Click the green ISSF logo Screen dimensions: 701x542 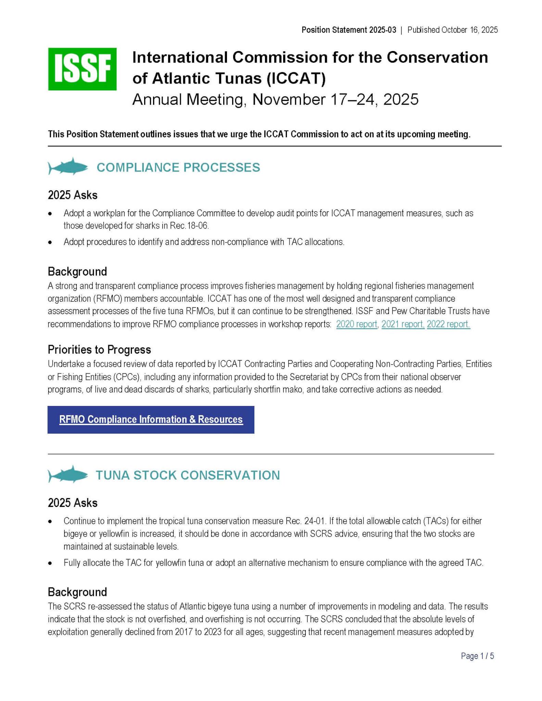pyautogui.click(x=82, y=69)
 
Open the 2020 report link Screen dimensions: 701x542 pyautogui.click(x=356, y=324)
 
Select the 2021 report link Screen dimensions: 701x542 pyautogui.click(x=403, y=324)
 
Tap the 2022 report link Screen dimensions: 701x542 pyautogui.click(x=448, y=324)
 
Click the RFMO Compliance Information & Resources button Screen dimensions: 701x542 pyautogui.click(x=151, y=420)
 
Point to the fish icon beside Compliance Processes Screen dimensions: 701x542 pyautogui.click(x=68, y=167)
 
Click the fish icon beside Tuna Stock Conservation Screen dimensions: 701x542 pyautogui.click(x=68, y=475)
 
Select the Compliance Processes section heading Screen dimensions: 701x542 pyautogui.click(x=178, y=167)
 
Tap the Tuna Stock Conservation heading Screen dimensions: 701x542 pyautogui.click(x=188, y=475)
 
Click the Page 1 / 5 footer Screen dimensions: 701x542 pyautogui.click(x=477, y=656)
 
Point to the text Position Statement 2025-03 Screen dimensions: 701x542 pyautogui.click(x=349, y=30)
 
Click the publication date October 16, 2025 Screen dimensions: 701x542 pyautogui.click(x=469, y=30)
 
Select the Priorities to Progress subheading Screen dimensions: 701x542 pyautogui.click(x=99, y=349)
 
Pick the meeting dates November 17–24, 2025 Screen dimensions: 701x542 pyautogui.click(x=335, y=100)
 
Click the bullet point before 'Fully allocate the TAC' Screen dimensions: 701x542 pyautogui.click(x=50, y=563)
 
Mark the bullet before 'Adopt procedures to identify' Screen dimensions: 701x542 pyautogui.click(x=50, y=242)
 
